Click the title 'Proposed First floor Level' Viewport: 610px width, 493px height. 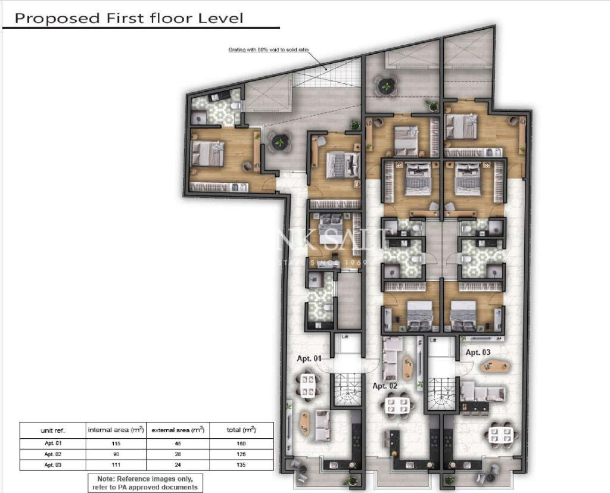[x=129, y=18]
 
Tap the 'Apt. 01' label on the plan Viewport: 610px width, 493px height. [x=309, y=358]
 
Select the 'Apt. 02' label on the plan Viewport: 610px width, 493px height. [x=385, y=386]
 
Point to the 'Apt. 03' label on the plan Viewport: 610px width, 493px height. [x=478, y=352]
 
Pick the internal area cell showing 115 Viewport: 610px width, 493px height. [x=116, y=444]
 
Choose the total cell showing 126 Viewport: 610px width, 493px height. [x=241, y=454]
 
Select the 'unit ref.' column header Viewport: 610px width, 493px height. [x=53, y=430]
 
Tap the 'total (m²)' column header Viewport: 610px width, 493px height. [x=241, y=430]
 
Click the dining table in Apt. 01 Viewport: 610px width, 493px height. [x=307, y=386]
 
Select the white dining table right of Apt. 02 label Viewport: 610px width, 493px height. [x=398, y=405]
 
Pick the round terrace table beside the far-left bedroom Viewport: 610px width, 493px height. [x=279, y=142]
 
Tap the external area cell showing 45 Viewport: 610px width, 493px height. [x=177, y=444]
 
